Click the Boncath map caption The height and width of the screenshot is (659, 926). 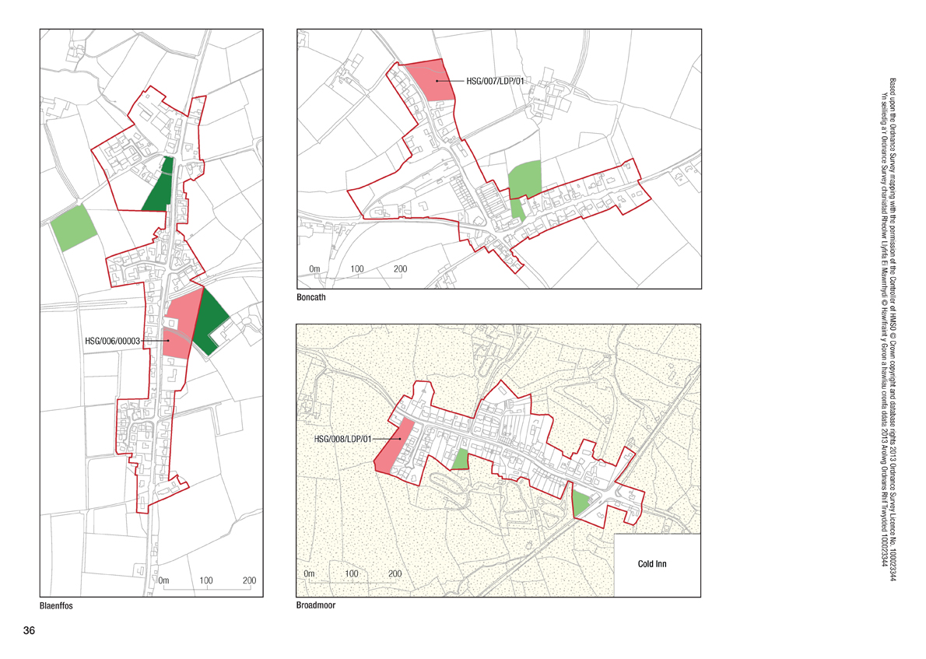[310, 298]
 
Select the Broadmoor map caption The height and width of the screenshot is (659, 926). [316, 605]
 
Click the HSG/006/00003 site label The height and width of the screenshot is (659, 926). [117, 341]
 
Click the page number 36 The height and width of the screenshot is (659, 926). [30, 630]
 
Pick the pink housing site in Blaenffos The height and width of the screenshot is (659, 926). [181, 327]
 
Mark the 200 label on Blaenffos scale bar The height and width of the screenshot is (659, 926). [249, 580]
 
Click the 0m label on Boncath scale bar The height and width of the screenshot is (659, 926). [314, 269]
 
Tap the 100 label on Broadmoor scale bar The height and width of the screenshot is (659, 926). [352, 573]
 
